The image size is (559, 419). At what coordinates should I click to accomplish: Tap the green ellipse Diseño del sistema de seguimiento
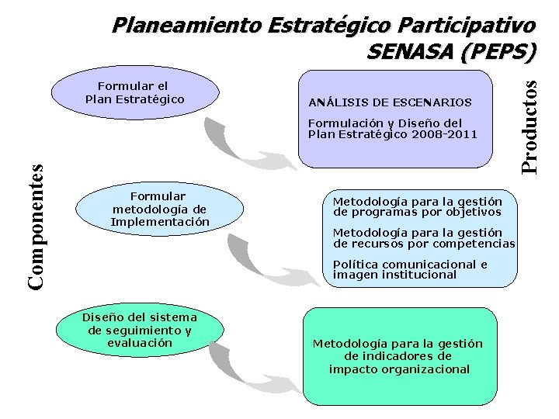tap(140, 330)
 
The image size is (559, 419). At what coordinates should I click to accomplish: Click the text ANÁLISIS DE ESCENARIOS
tap(390, 102)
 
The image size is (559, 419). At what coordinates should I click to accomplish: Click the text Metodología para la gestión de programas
tap(417, 206)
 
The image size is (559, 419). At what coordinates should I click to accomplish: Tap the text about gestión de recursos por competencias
tap(423, 238)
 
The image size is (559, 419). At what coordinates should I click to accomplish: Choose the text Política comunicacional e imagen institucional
tap(410, 269)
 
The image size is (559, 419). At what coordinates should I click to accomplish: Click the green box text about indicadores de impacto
tap(398, 356)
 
